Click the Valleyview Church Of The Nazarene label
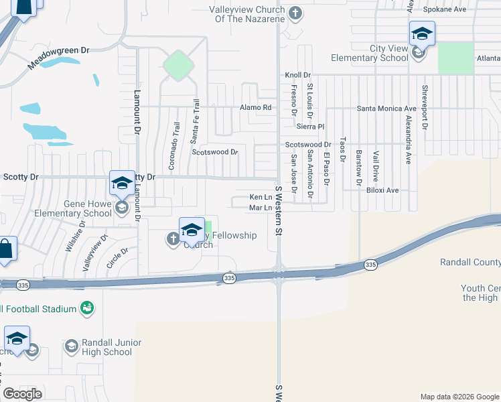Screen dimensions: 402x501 [x=247, y=14]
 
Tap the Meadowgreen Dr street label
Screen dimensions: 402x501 [x=58, y=59]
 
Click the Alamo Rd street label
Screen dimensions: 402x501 [x=257, y=107]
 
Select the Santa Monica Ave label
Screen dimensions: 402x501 [x=386, y=108]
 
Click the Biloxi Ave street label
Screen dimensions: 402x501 [x=382, y=190]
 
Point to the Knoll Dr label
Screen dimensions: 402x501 [x=298, y=75]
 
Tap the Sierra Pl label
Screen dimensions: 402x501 [x=311, y=126]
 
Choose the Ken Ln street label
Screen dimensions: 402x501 [x=261, y=197]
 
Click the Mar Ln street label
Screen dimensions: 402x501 [x=261, y=208]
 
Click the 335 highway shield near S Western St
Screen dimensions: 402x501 [x=230, y=277]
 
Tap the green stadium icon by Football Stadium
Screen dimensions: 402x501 [x=86, y=308]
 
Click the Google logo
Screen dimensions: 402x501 [x=22, y=394]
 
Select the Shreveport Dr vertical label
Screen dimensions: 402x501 [x=424, y=107]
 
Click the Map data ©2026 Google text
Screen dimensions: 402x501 [x=459, y=397]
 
